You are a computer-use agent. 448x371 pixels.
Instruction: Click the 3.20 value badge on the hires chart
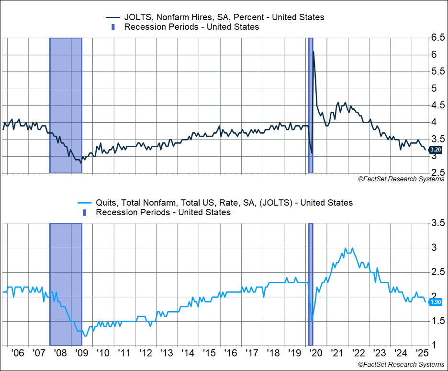[x=436, y=150]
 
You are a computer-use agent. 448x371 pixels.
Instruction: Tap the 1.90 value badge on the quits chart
[x=436, y=302]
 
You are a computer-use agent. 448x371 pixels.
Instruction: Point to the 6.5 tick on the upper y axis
[x=437, y=38]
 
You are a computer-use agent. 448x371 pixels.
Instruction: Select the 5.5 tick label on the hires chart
[x=437, y=72]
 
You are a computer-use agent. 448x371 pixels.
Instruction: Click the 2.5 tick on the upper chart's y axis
[x=437, y=173]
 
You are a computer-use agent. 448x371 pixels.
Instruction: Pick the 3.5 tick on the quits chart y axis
[x=437, y=223]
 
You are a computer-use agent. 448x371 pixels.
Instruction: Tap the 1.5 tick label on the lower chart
[x=437, y=321]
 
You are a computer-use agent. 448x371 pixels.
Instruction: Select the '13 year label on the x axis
[x=167, y=354]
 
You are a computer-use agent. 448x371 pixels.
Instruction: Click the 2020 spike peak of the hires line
[x=314, y=52]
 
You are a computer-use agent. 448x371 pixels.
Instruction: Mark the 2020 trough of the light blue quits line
[x=312, y=321]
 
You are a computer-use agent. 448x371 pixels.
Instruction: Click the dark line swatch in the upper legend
[x=113, y=17]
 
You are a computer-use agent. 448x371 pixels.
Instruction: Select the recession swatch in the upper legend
[x=113, y=27]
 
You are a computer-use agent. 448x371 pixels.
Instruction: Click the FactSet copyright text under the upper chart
[x=401, y=179]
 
